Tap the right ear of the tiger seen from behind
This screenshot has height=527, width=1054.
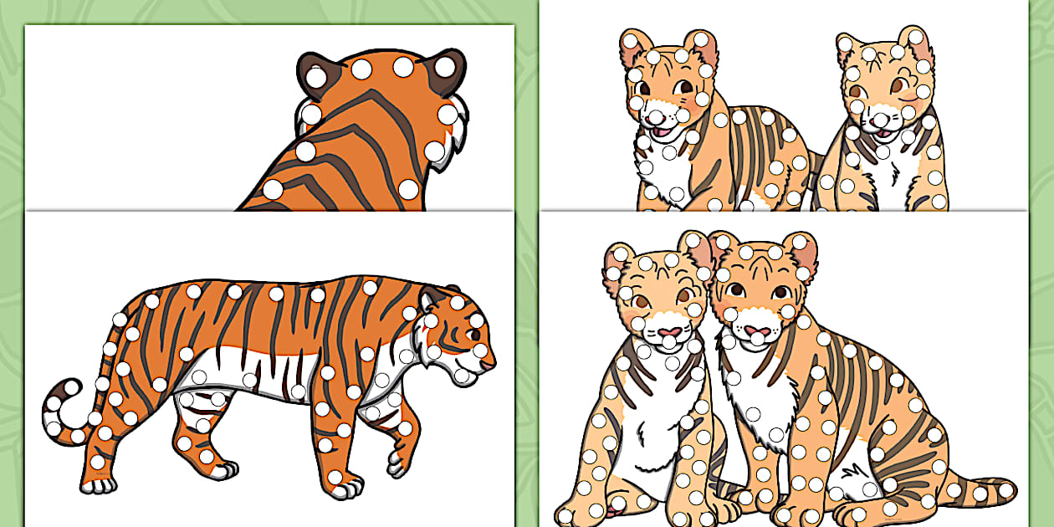coord(448,67)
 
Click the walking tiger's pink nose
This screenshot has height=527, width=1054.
coord(489,365)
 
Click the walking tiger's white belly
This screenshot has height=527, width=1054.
coord(251,376)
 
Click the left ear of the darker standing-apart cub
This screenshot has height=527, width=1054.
coord(636,46)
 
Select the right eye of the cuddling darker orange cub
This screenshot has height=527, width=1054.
coord(781,294)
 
